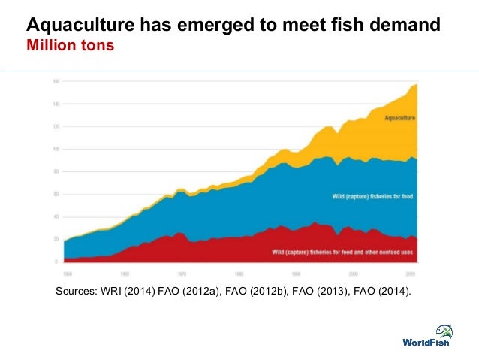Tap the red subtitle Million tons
(x=71, y=46)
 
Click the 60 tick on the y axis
(x=57, y=194)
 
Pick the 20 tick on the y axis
(x=57, y=239)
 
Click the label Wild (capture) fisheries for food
(x=372, y=197)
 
